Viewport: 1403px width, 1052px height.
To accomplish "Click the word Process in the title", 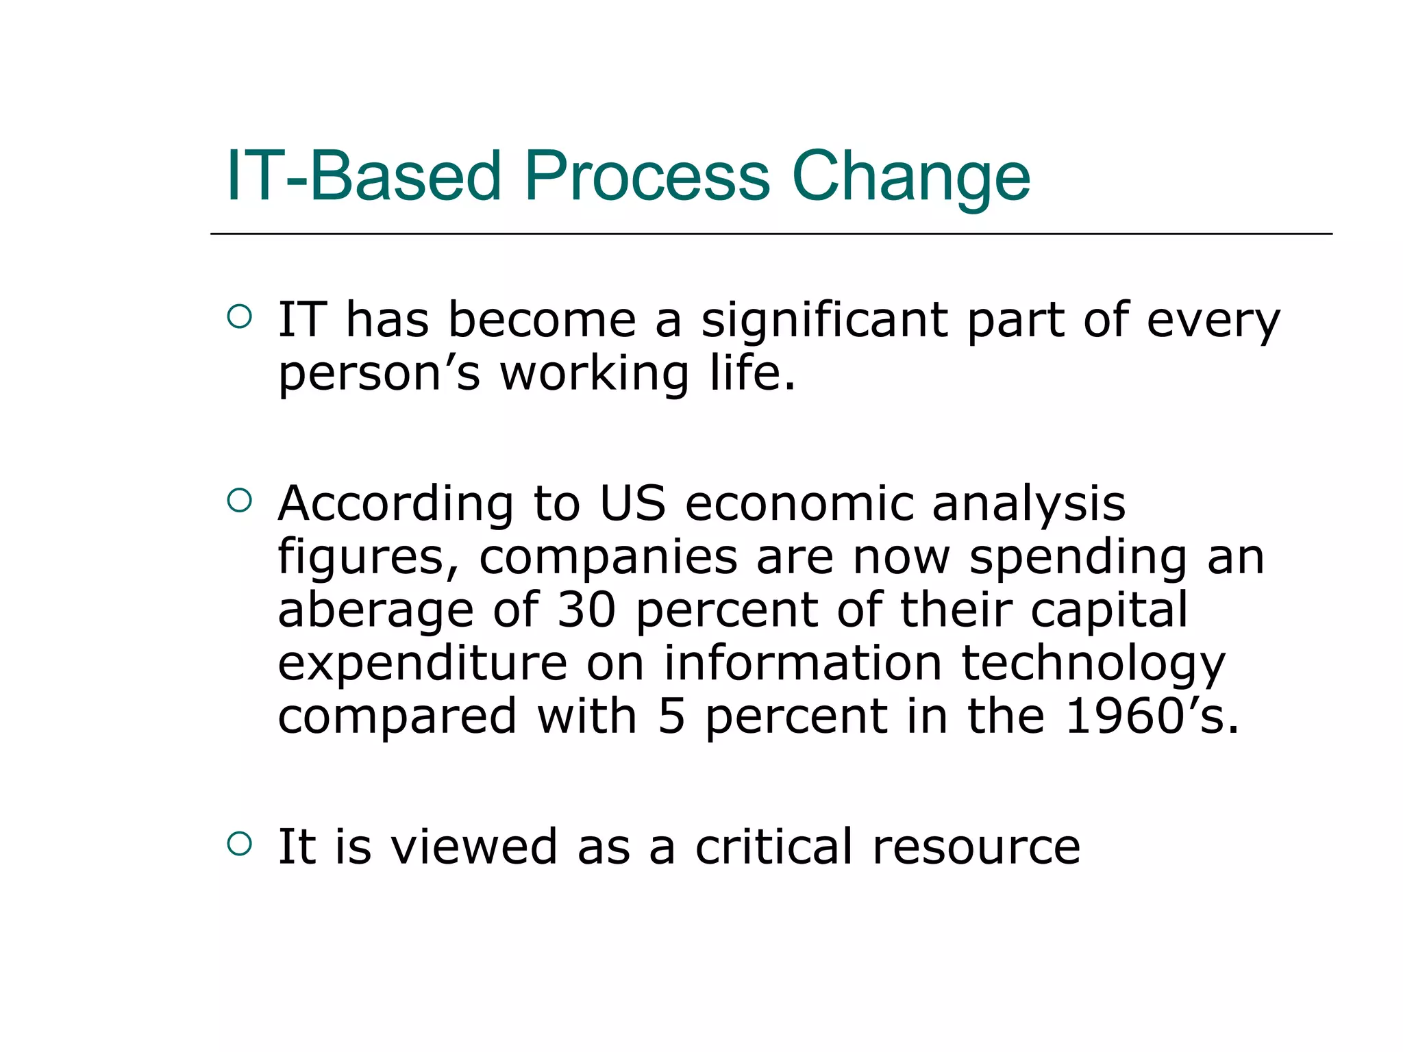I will click(647, 177).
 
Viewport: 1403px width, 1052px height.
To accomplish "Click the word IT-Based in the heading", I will click(364, 177).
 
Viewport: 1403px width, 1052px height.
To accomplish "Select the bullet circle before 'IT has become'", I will click(239, 316).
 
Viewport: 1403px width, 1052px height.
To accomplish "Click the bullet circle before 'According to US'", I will click(239, 500).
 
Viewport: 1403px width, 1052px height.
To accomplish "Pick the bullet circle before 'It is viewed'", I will click(239, 844).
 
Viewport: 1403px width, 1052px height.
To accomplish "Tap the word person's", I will click(379, 375).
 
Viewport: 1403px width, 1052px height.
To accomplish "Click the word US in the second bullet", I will click(632, 504).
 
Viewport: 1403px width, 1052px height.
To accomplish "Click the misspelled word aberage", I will click(375, 612).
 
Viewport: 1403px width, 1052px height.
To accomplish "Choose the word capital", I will click(1109, 612).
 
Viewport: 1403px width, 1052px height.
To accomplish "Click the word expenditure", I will click(422, 664).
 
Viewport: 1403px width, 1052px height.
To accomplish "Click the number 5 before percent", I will click(671, 716).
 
